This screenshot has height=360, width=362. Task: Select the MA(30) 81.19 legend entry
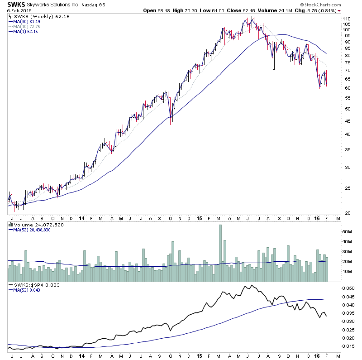pos(25,21)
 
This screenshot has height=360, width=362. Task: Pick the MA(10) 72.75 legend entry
pos(25,26)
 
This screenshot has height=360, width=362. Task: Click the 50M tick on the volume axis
pos(347,231)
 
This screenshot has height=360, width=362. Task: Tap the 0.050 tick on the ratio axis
pos(349,288)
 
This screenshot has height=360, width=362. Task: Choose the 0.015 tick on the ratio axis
pos(349,346)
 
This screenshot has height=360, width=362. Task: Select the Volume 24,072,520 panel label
pos(33,224)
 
